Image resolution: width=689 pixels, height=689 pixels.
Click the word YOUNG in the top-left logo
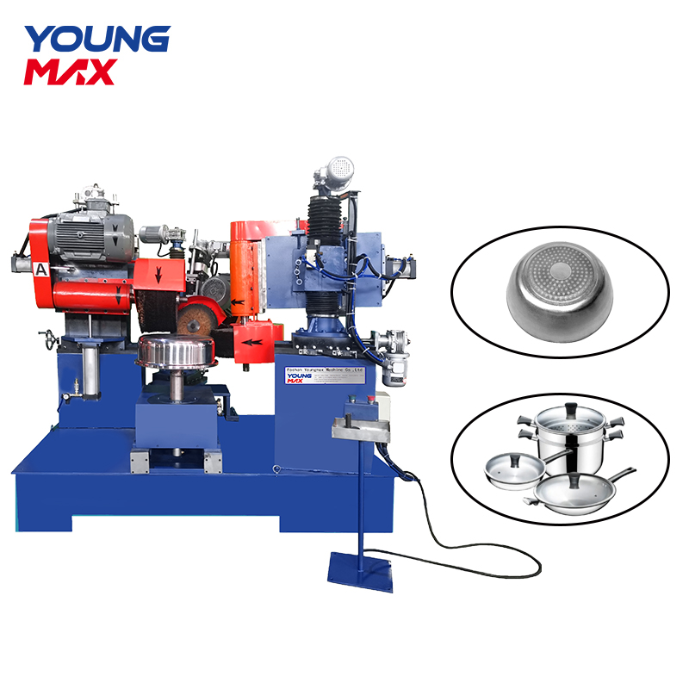[96, 40]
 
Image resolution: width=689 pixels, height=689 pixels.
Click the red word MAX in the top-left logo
[69, 71]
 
